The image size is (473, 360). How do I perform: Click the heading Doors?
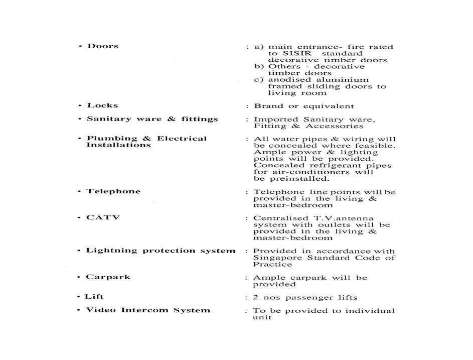103,46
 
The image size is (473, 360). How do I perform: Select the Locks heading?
102,105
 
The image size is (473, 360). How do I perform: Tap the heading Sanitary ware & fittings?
152,119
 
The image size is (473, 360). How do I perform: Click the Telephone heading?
113,191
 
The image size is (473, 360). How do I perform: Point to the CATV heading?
103,218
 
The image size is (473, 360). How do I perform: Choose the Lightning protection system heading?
161,251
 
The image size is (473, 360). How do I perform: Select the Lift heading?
94,297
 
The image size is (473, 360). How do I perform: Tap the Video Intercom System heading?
148,310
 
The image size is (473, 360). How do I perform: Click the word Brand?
266,106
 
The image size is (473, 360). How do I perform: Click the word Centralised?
279,218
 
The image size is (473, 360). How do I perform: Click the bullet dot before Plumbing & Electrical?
80,139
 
